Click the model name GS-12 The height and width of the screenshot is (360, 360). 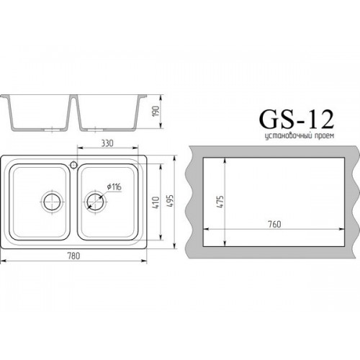(297, 120)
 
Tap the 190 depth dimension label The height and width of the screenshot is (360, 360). (156, 112)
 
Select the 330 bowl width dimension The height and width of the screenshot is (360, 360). (107, 143)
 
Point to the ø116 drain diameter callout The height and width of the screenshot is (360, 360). (114, 186)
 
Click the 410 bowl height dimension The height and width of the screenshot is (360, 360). (156, 202)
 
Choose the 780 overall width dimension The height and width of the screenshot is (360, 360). (73, 256)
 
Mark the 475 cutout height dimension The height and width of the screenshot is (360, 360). (220, 202)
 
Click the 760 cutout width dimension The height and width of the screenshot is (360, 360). (274, 224)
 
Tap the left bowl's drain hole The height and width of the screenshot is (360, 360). (52, 202)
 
